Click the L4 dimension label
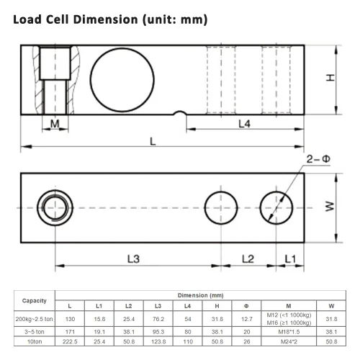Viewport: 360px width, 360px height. [x=244, y=124]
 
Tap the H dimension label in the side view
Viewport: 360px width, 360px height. [x=330, y=78]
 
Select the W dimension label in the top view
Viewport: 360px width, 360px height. [x=330, y=207]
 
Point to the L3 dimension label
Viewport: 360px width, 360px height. [x=133, y=259]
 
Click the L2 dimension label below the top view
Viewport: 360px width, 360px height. [x=248, y=259]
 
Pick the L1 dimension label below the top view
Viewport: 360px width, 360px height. [x=290, y=259]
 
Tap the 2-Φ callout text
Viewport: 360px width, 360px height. [x=318, y=159]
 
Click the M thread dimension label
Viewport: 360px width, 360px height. [x=55, y=124]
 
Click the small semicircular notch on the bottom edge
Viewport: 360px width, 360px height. [x=180, y=112]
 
